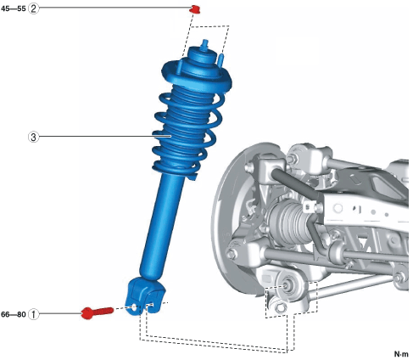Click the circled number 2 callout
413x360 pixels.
click(x=33, y=8)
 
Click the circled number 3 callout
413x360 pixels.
click(x=33, y=137)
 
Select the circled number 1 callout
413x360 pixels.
click(x=33, y=314)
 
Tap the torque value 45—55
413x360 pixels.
click(x=14, y=8)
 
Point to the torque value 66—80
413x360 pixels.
click(x=14, y=314)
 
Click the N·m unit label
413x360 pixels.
click(x=401, y=354)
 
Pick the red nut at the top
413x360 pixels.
click(x=194, y=9)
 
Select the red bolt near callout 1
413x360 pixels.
click(x=97, y=312)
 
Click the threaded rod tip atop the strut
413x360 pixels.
click(x=204, y=45)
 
